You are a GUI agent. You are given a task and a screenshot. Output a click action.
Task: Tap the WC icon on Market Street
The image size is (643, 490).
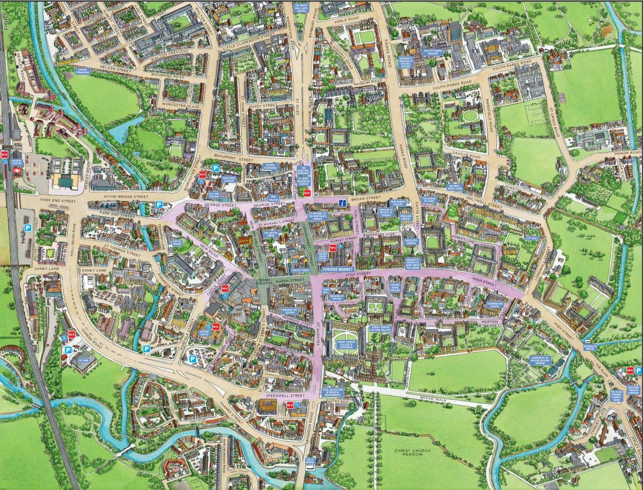(333, 247)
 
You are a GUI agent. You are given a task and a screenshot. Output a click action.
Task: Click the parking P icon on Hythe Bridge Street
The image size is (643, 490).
(159, 205)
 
